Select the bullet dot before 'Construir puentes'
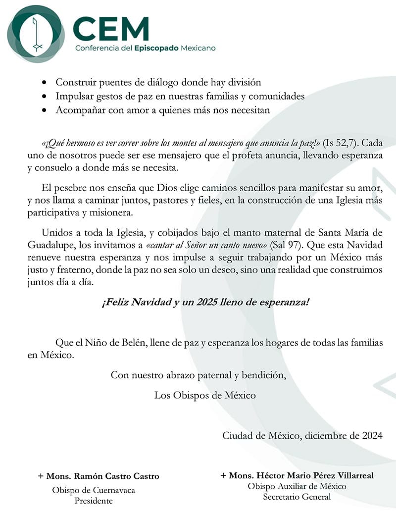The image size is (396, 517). (45, 83)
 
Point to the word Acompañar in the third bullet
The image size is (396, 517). (80, 110)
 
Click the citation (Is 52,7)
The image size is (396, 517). (339, 144)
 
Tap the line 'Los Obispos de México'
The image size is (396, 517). (205, 395)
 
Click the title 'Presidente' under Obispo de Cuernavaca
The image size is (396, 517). (94, 501)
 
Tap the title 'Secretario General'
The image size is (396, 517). (297, 497)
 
